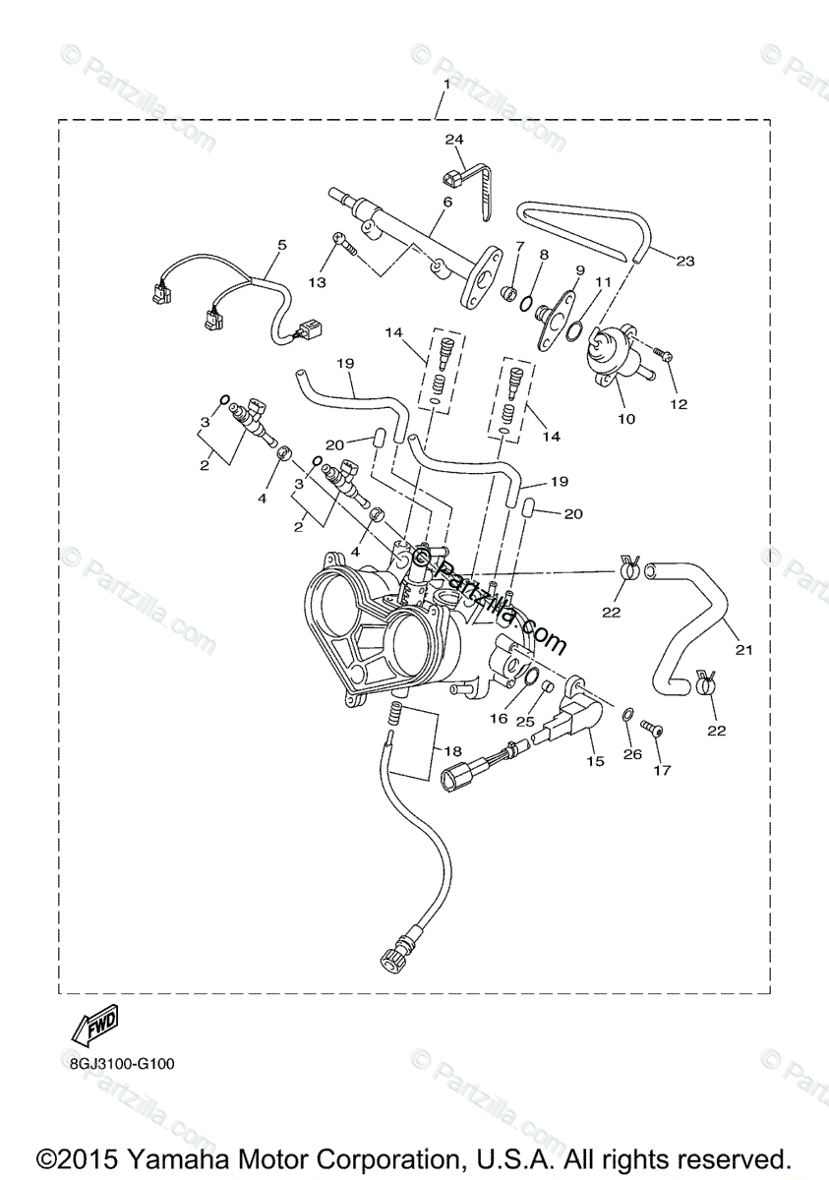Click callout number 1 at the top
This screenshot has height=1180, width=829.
pyautogui.click(x=445, y=85)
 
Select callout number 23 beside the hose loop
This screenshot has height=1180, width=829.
pyautogui.click(x=684, y=261)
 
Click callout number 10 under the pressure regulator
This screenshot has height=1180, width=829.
pyautogui.click(x=626, y=418)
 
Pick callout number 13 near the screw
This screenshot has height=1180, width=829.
pyautogui.click(x=317, y=282)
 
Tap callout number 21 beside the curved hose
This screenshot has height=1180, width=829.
pyautogui.click(x=743, y=649)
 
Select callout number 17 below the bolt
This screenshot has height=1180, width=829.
pyautogui.click(x=662, y=770)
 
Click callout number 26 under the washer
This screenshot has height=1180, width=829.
pyautogui.click(x=632, y=754)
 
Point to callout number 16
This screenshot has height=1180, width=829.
pyautogui.click(x=499, y=719)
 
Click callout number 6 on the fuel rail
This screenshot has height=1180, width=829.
pyautogui.click(x=446, y=203)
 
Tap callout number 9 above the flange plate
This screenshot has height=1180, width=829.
pyautogui.click(x=580, y=269)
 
